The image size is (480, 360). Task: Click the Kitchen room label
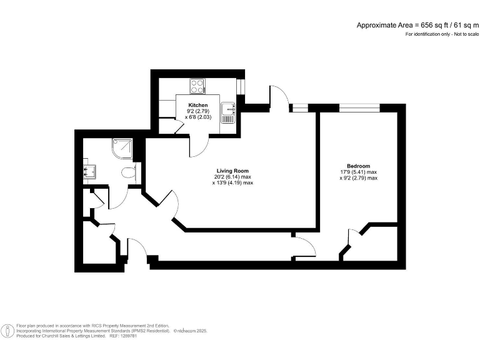[x=198, y=105]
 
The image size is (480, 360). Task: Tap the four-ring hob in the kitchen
[x=197, y=86]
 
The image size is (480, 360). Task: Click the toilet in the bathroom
[x=129, y=173]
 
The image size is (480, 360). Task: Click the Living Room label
[x=232, y=171]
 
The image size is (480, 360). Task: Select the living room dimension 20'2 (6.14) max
[x=232, y=177]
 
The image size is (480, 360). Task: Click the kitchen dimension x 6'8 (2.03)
[x=198, y=117]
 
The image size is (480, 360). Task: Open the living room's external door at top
[x=279, y=97]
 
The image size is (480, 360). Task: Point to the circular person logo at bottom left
[x=8, y=330]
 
